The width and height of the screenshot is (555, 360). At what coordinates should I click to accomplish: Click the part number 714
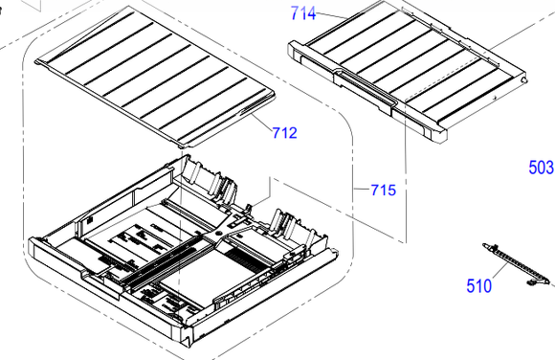click(303, 13)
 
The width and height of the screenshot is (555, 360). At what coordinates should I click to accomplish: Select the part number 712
click(285, 133)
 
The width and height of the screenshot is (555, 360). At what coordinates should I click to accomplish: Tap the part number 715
click(384, 190)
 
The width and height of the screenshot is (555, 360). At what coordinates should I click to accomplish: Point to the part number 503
click(541, 168)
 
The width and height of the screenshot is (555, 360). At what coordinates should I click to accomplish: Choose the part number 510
click(478, 286)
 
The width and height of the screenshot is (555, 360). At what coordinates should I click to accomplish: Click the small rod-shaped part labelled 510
click(516, 264)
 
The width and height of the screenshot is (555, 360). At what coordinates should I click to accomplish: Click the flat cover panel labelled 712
click(155, 77)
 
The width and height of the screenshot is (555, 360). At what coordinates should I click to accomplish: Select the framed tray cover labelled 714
click(407, 71)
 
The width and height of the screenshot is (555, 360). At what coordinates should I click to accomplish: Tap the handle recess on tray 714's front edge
click(365, 88)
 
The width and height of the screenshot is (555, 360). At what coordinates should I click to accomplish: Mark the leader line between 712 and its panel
click(262, 122)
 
